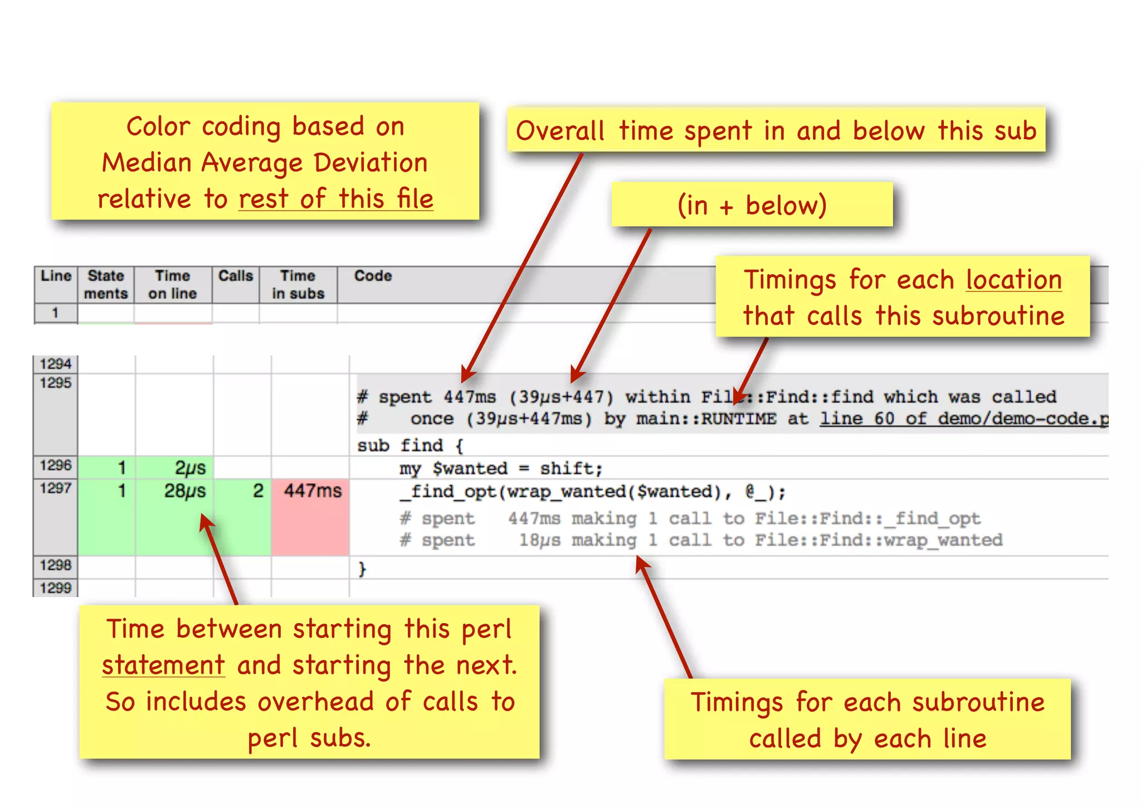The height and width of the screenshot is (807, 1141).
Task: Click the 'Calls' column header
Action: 235,276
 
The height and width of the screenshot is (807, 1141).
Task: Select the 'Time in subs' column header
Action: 298,284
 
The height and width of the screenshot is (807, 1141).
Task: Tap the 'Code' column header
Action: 373,276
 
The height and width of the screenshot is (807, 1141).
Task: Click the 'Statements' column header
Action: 106,284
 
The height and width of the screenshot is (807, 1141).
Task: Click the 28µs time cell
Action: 184,492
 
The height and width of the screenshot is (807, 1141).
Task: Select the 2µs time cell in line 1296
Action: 190,468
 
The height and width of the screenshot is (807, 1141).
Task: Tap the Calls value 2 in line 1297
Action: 258,491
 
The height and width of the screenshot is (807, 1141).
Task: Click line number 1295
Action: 56,383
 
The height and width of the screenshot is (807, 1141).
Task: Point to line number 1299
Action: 56,588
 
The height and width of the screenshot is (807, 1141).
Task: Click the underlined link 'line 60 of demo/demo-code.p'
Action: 964,419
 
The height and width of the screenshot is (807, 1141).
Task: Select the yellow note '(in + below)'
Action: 752,205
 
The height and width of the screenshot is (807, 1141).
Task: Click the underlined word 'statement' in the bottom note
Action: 163,665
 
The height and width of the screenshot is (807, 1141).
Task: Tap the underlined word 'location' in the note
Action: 1013,280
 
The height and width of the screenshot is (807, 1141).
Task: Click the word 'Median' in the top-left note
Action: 147,163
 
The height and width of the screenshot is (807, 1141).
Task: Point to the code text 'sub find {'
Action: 410,446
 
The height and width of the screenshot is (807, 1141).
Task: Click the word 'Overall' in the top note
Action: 560,132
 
